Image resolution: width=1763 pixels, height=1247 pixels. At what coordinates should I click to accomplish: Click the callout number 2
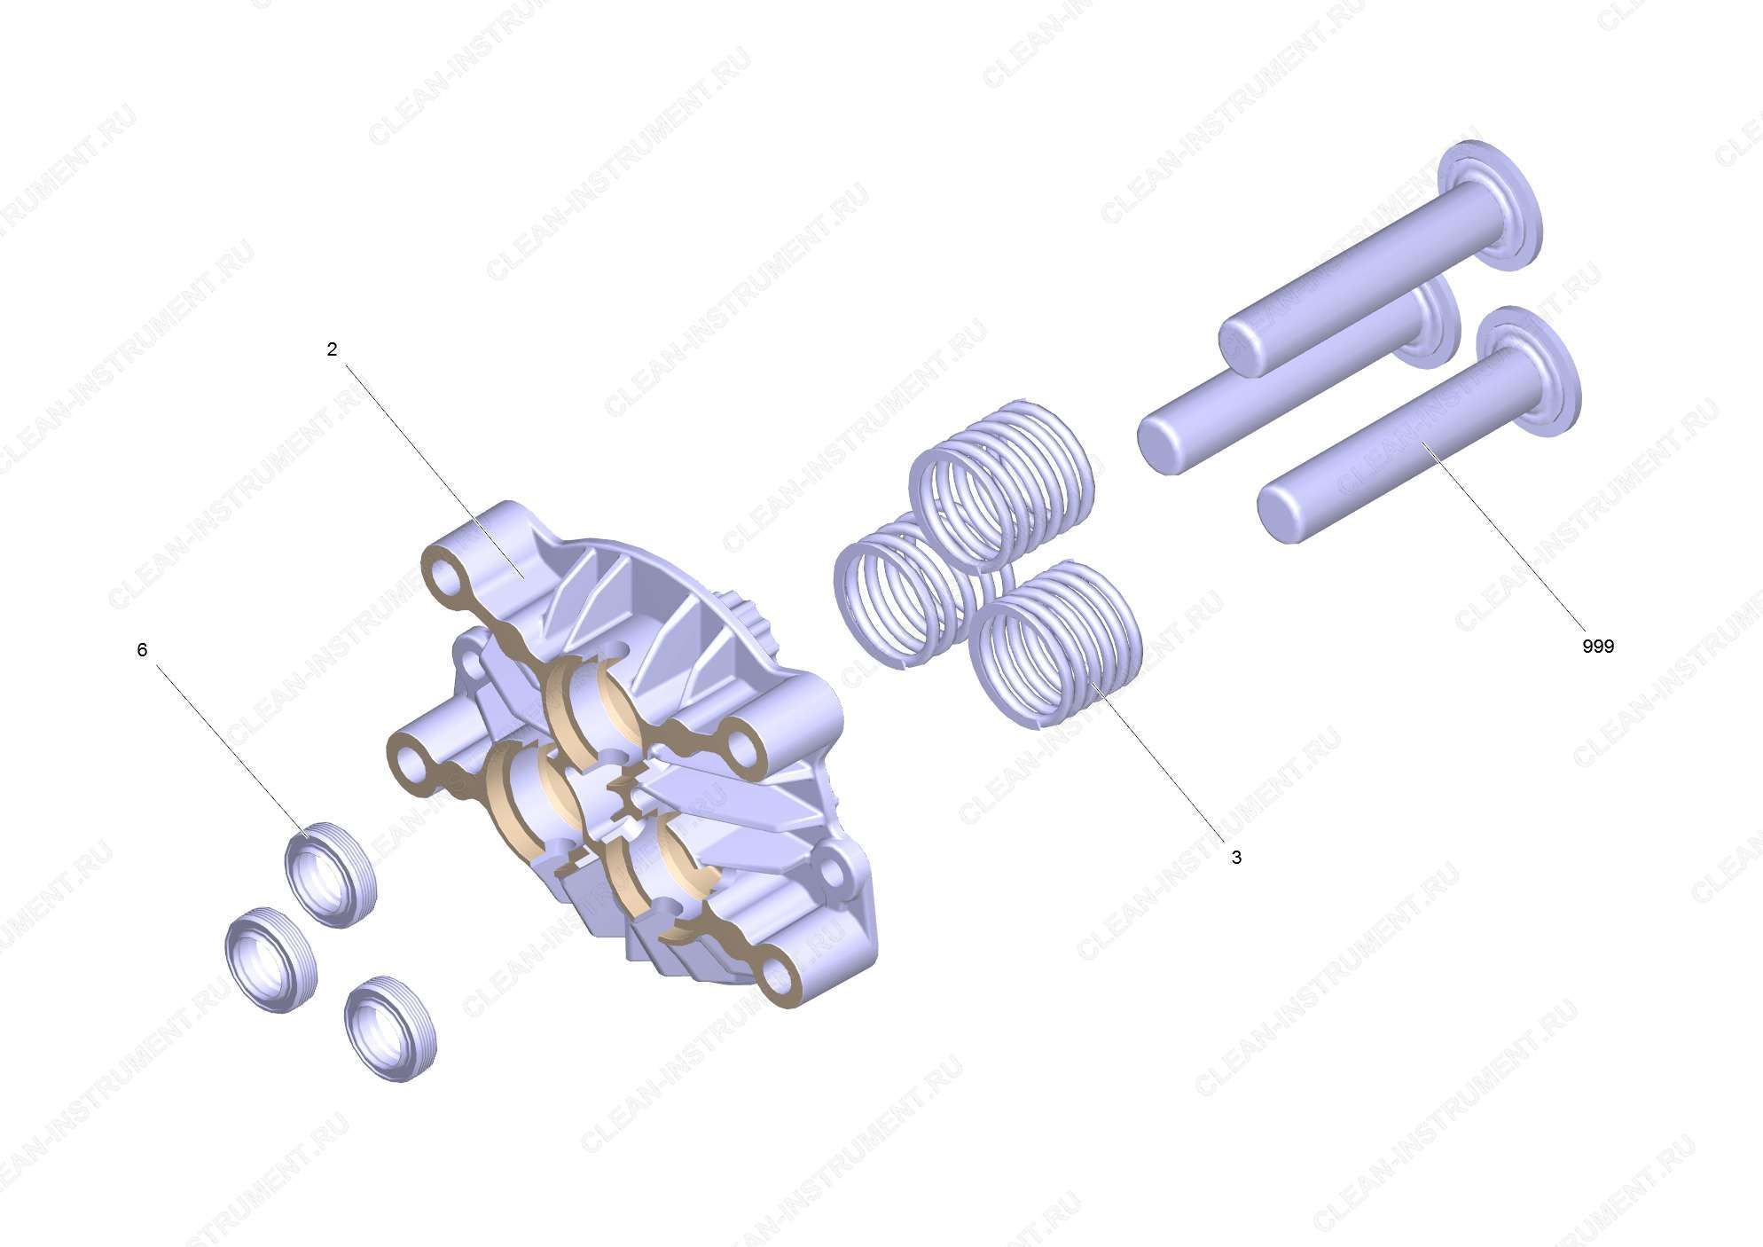[x=332, y=350]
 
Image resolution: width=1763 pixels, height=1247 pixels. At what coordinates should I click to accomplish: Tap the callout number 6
[x=142, y=650]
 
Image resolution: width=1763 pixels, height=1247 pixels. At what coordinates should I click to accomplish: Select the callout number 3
[x=1236, y=858]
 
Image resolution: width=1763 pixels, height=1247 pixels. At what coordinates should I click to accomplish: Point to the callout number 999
[x=1598, y=647]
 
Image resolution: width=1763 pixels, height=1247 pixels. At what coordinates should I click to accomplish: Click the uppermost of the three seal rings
[x=330, y=875]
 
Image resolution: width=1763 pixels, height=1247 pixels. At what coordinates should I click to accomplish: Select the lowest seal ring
[x=390, y=1029]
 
